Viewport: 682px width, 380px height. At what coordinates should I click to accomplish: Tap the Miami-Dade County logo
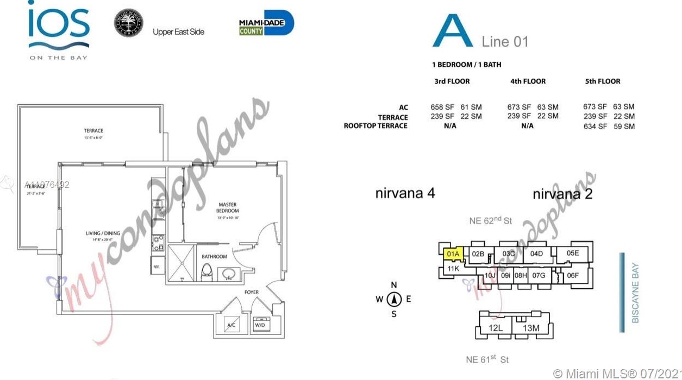(x=266, y=23)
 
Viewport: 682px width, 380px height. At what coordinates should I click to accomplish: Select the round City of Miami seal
(x=128, y=23)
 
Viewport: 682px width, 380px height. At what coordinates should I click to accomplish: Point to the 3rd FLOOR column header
(x=452, y=81)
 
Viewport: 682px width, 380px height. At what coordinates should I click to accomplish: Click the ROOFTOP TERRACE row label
(x=376, y=126)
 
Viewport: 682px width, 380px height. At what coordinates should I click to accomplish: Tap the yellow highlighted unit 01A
(x=453, y=254)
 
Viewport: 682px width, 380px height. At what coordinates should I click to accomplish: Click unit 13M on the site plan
(x=531, y=327)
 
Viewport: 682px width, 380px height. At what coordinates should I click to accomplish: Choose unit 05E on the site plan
(x=573, y=253)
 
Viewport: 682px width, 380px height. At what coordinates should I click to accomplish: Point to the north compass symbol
(x=395, y=299)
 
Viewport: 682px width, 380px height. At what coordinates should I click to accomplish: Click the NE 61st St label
(x=487, y=359)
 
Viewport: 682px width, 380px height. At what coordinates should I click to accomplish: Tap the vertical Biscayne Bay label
(x=635, y=293)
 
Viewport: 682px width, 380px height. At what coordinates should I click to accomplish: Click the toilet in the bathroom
(x=207, y=271)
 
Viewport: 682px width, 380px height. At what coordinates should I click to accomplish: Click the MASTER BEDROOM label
(x=228, y=207)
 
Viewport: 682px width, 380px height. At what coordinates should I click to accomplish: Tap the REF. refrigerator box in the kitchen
(x=157, y=266)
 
